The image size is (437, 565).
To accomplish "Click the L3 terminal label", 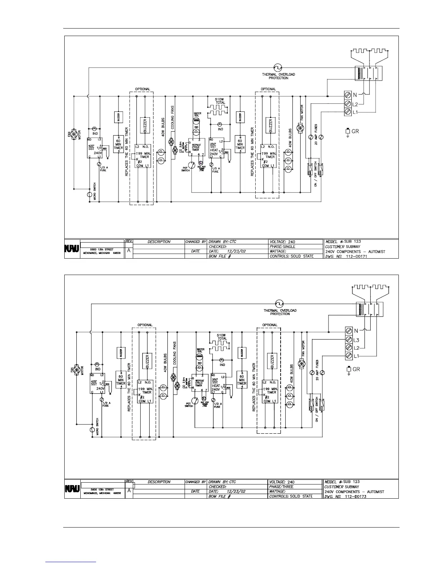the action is pos(356,340).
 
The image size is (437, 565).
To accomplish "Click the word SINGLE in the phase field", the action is pos(289,246).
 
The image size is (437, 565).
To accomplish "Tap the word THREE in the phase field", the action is pos(288,487).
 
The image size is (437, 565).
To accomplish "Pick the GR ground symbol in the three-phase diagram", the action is pos(348,370).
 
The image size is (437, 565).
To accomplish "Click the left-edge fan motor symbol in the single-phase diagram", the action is pos(74,135).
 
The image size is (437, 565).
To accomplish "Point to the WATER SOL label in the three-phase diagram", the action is pos(200,351).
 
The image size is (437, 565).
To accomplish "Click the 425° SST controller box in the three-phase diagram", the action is pos(97,383).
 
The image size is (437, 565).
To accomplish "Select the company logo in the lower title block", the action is pos(71,489).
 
